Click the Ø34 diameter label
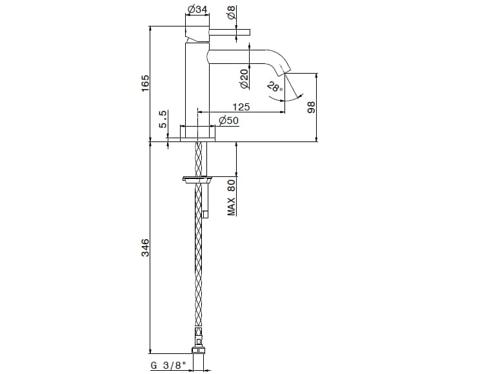[197, 9]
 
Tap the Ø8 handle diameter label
[232, 12]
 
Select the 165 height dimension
[145, 83]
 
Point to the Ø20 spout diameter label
[244, 79]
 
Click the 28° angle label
[275, 87]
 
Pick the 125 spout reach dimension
[241, 107]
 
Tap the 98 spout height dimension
[311, 107]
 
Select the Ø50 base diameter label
[228, 121]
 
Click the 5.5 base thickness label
[163, 119]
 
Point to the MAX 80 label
[232, 198]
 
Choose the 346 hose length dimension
[145, 248]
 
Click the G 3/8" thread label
[168, 366]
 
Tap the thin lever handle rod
[229, 32]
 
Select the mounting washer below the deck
[197, 180]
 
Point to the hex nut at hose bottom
[198, 351]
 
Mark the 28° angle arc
[285, 99]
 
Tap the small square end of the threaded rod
[205, 214]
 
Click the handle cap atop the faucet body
[197, 33]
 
